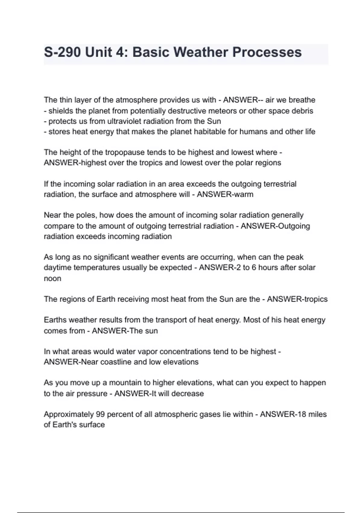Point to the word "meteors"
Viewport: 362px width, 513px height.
click(x=223, y=111)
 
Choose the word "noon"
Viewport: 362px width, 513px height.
click(x=52, y=279)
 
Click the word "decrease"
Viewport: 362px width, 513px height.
click(x=188, y=394)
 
